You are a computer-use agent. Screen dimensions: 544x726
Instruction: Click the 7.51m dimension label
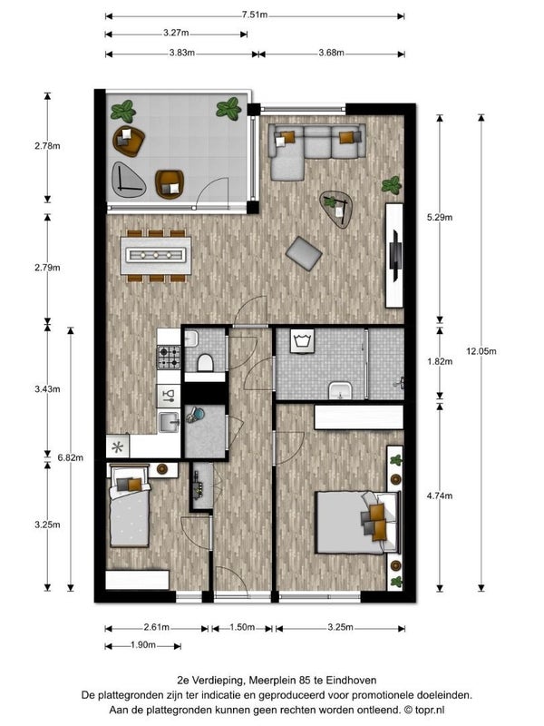255,15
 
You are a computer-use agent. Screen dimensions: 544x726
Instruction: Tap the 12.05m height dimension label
481,351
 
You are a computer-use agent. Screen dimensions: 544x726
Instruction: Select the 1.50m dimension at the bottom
242,627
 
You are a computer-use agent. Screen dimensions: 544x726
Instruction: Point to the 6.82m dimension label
71,457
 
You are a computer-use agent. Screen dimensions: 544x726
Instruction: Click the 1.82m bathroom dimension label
440,361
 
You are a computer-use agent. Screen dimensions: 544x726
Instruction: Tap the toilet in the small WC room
206,362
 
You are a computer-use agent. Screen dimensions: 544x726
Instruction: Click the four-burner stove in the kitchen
169,357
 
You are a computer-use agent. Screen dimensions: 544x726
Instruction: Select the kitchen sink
169,422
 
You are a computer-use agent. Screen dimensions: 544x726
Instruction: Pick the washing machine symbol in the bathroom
302,340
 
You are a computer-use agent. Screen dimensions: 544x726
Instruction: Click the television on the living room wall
395,256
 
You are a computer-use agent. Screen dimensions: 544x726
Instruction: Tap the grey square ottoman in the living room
304,253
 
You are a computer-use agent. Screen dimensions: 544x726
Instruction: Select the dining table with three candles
156,255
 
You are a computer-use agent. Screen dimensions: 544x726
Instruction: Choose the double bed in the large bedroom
357,523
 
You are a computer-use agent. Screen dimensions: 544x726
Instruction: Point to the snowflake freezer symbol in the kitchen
118,447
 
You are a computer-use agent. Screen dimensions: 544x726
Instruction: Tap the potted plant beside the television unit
392,185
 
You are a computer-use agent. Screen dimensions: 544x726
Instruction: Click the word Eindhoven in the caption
351,680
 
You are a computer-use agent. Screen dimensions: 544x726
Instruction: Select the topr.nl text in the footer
429,710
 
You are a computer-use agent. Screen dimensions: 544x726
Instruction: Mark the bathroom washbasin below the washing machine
340,390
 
